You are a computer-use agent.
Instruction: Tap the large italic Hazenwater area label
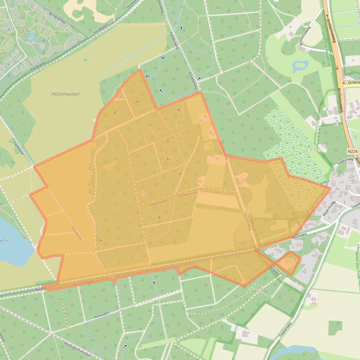pos(65,94)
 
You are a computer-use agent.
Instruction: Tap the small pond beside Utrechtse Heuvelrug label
pos(298,67)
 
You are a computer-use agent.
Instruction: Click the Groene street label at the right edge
pos(352,83)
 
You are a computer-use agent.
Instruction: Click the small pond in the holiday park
pos(31,36)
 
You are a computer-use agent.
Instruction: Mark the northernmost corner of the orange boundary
pos(140,70)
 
